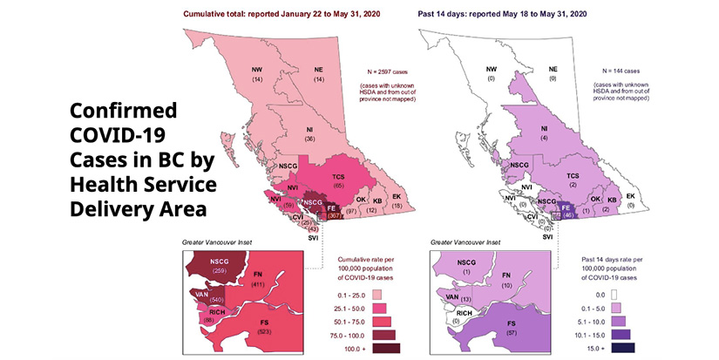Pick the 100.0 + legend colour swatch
pyautogui.click(x=385, y=349)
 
